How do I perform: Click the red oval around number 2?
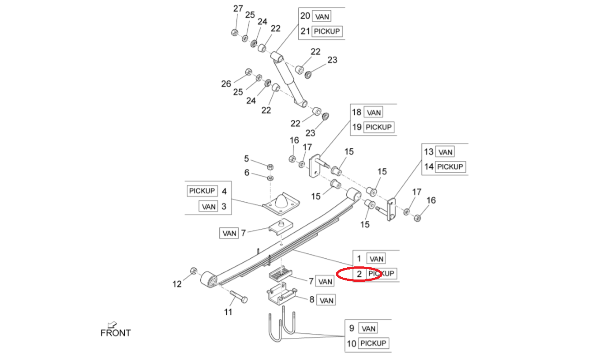coord(360,274)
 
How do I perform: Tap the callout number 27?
coord(238,9)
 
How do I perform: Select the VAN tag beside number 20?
coord(322,16)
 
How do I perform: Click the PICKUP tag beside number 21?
coord(327,31)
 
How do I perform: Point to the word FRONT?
coord(116,333)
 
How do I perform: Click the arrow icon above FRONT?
coord(111,324)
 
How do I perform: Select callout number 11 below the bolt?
coord(228,312)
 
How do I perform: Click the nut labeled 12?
coord(192,270)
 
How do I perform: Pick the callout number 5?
coord(247,158)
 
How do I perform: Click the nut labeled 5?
coord(270,166)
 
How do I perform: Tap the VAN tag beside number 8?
coord(326,300)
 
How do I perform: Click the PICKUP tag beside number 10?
coord(373,343)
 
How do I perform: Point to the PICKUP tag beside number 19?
coord(378,127)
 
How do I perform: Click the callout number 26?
coord(226,83)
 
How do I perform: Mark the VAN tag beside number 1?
coord(376,259)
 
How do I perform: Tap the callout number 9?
coord(351,328)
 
